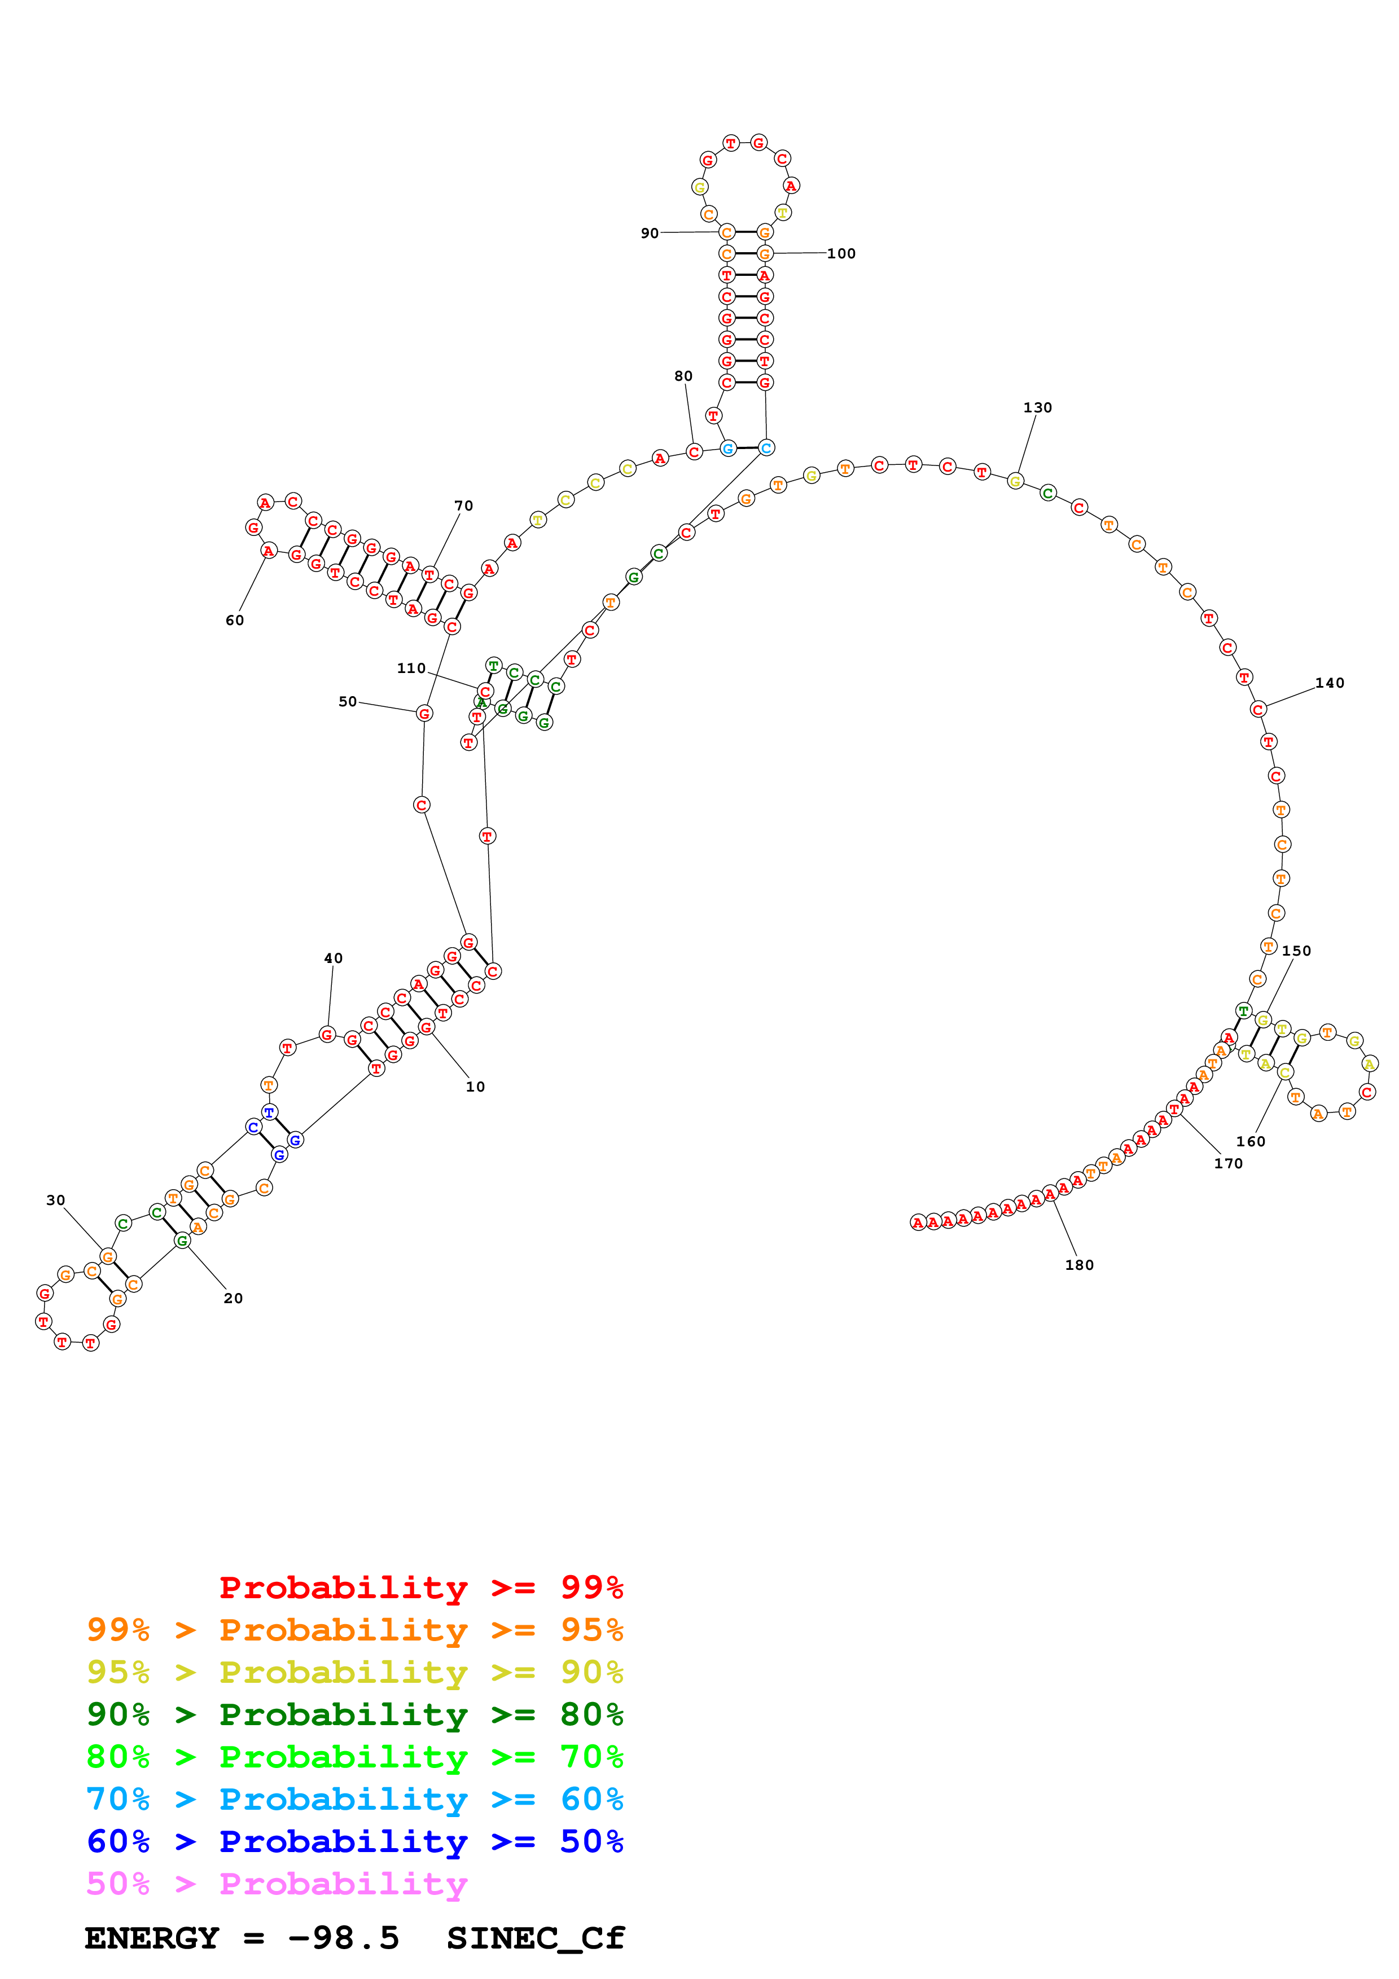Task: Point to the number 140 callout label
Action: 1329,683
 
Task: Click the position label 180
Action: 1078,1264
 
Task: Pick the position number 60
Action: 234,620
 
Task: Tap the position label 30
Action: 55,1200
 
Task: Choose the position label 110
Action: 411,668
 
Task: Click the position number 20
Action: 233,1298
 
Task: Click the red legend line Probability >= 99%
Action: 420,1587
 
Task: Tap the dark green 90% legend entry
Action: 354,1714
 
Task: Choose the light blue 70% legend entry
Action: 354,1799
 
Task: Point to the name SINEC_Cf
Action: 536,1938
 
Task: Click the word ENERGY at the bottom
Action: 152,1938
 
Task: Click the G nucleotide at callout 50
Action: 424,713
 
